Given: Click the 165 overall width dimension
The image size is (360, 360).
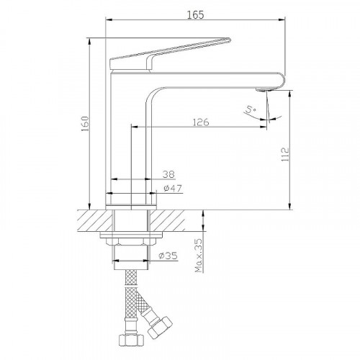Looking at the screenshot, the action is pos(195,15).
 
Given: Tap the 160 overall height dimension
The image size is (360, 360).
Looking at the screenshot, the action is pos(85,124).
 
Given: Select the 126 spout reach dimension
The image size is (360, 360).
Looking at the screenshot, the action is pos(201,122).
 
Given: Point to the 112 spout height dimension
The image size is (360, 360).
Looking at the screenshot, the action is pos(285,154).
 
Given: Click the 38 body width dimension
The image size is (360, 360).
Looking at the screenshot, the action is pos(168,174).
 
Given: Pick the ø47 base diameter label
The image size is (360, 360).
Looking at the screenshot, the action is pos(173,188).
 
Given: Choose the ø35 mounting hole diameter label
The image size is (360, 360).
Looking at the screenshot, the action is pos(168,256).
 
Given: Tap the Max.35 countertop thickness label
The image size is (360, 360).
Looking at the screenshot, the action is pos(199,256).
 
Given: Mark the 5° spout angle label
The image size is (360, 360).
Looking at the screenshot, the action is pos(251,110).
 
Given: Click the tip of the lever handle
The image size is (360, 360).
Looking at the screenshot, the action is pos(230,40).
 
